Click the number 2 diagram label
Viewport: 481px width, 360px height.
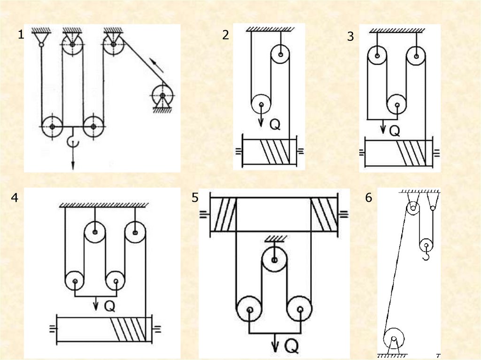pos(226,35)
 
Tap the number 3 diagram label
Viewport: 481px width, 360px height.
pos(350,37)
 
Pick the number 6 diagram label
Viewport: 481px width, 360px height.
pos(369,199)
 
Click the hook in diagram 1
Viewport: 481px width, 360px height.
pos(73,141)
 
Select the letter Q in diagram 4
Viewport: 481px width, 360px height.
pos(109,306)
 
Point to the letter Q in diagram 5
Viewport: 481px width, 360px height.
pos(291,346)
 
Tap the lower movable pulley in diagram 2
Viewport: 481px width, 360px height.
pos(261,104)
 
